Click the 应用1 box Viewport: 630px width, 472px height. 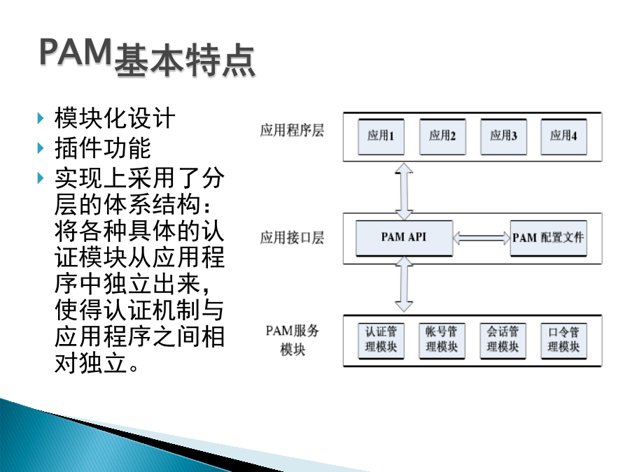(381, 136)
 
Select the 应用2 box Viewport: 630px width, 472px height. (442, 136)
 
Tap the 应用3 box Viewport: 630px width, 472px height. (503, 136)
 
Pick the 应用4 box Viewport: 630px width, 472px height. (563, 136)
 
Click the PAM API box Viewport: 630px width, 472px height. (404, 238)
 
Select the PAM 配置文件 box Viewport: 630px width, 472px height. (548, 238)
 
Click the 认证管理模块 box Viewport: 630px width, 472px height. (381, 341)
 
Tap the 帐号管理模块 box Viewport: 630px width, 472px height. (442, 341)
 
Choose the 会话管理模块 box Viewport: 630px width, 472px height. (503, 341)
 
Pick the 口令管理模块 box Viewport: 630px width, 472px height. (563, 341)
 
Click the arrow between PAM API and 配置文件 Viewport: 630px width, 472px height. (482, 238)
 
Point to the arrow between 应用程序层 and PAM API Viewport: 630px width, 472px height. (404, 191)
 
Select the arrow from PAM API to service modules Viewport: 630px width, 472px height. (404, 284)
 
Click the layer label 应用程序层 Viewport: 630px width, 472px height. (292, 131)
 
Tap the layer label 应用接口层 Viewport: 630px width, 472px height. (292, 238)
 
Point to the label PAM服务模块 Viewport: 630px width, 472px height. (293, 341)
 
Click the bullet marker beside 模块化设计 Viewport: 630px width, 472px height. (40, 118)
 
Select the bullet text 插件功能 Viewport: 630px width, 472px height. (102, 148)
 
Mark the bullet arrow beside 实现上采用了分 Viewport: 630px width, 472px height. (40, 178)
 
